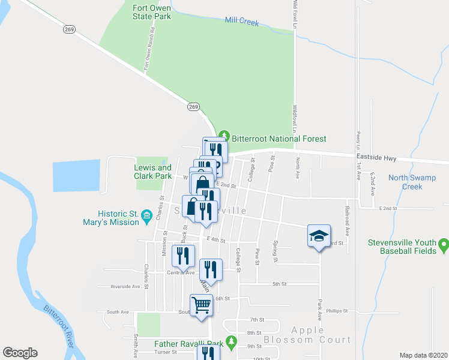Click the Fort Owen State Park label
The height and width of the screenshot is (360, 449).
pyautogui.click(x=152, y=12)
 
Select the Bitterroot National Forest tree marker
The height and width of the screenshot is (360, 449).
pyautogui.click(x=224, y=133)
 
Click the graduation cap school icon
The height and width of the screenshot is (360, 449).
pyautogui.click(x=319, y=236)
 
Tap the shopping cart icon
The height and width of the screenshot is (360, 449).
pyautogui.click(x=202, y=305)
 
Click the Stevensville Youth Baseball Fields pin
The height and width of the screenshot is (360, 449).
pyautogui.click(x=444, y=244)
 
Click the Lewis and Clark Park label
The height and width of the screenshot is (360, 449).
pyautogui.click(x=153, y=172)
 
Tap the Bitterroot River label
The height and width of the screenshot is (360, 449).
pyautogui.click(x=59, y=326)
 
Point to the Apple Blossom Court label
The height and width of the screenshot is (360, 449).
pyautogui.click(x=321, y=335)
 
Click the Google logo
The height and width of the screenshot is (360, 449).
pyautogui.click(x=20, y=352)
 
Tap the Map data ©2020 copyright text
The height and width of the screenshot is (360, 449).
pyautogui.click(x=423, y=355)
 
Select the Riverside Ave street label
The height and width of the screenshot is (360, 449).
pyautogui.click(x=125, y=287)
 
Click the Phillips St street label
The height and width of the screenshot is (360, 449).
pyautogui.click(x=338, y=311)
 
